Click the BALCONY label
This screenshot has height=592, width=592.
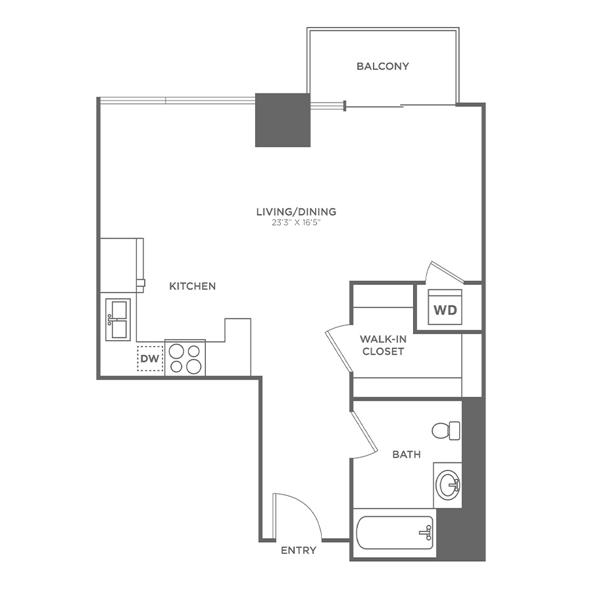(x=383, y=66)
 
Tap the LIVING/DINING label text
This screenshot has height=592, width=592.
(x=296, y=212)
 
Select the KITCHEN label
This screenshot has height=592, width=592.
(x=193, y=286)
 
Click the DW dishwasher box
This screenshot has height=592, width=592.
(x=150, y=358)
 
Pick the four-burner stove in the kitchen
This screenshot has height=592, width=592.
(x=185, y=358)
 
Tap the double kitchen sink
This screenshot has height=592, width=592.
(x=118, y=319)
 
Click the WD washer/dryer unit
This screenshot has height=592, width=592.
(x=445, y=308)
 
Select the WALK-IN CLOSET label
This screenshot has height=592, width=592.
(x=382, y=345)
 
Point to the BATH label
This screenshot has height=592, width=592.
(x=407, y=455)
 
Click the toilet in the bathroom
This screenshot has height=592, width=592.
(x=445, y=431)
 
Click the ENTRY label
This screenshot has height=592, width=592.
(x=299, y=551)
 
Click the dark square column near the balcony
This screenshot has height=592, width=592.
(x=282, y=120)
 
